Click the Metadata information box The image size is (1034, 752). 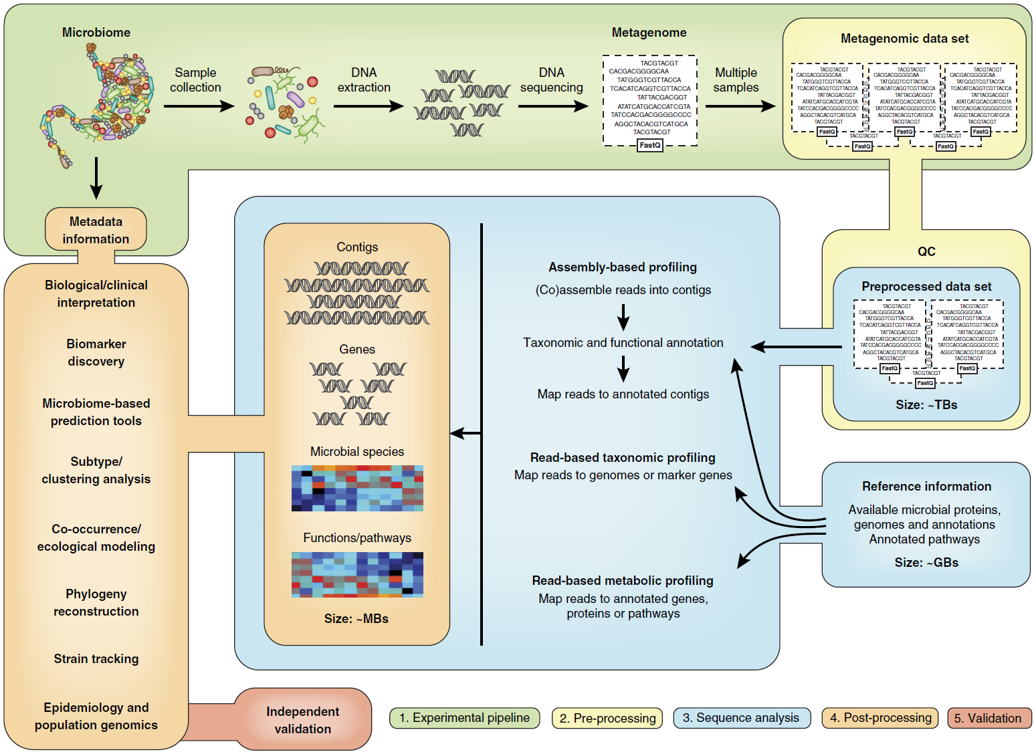click(96, 230)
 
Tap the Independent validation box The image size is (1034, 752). click(302, 720)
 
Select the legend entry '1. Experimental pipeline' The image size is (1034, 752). click(464, 718)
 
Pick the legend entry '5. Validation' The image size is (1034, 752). click(989, 718)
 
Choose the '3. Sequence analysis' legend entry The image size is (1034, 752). click(741, 718)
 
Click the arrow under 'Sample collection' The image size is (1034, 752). click(199, 106)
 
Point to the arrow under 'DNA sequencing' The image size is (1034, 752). click(552, 106)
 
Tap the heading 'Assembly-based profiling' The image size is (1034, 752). click(623, 267)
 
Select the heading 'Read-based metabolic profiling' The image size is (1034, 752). click(623, 581)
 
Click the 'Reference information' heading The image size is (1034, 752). click(926, 487)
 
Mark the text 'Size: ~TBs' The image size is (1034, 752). click(926, 405)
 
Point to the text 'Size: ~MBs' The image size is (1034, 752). click(356, 619)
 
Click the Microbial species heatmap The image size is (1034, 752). click(357, 489)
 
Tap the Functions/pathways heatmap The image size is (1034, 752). click(357, 575)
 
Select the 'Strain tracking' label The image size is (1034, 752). click(96, 659)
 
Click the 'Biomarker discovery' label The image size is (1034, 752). click(96, 352)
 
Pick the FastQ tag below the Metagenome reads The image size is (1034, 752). click(650, 145)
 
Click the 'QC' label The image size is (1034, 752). click(926, 251)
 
